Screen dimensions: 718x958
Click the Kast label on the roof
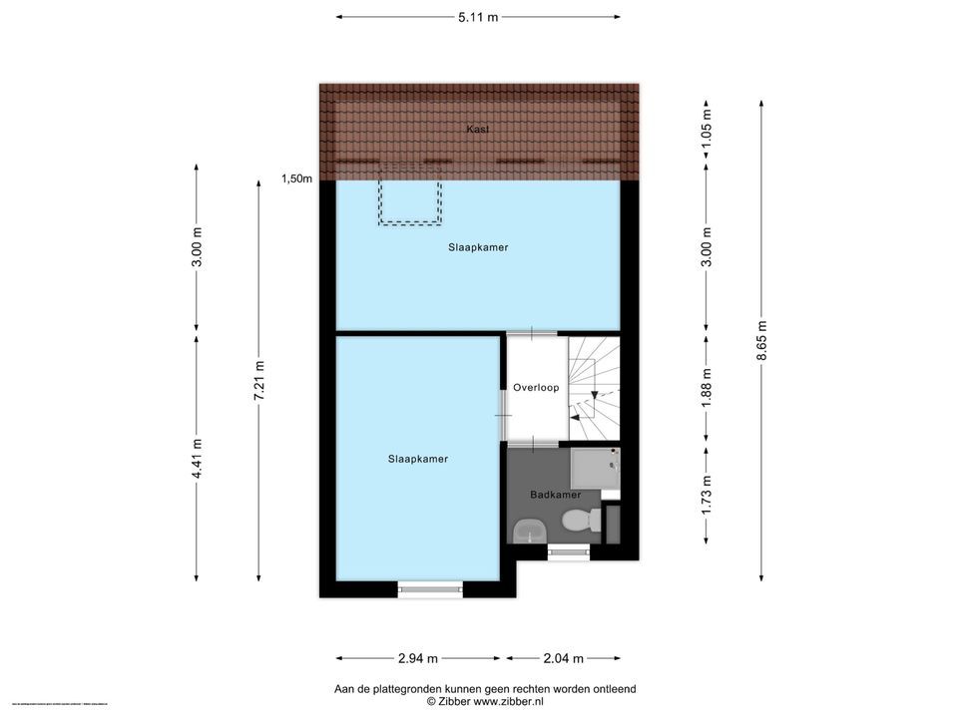[477, 130]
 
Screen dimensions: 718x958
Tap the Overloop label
[536, 387]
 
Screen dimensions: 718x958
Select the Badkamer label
[556, 495]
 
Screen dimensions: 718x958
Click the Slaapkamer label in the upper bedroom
[478, 247]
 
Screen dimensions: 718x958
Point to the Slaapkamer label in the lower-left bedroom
[418, 459]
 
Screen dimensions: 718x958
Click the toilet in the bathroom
[580, 520]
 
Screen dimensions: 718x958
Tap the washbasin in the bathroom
[526, 533]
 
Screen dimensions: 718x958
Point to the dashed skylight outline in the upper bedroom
[409, 202]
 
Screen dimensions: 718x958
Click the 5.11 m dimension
[477, 17]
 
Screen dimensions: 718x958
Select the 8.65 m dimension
[762, 340]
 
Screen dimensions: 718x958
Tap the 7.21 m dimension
[259, 380]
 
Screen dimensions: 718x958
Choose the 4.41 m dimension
[197, 458]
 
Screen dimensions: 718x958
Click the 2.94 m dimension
[418, 658]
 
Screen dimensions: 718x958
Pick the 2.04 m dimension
[564, 658]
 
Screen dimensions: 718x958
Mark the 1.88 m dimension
[707, 389]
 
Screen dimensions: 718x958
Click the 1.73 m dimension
[707, 495]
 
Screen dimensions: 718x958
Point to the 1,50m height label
[296, 179]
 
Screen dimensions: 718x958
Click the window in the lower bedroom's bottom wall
[430, 590]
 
